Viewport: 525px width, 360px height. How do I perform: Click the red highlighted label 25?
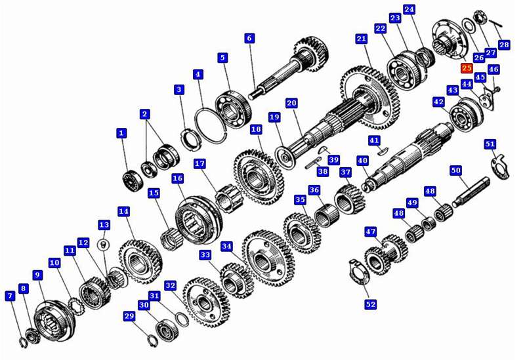pyautogui.click(x=467, y=68)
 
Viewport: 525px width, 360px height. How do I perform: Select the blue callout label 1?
pyautogui.click(x=121, y=133)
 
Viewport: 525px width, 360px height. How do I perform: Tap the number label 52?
pyautogui.click(x=370, y=304)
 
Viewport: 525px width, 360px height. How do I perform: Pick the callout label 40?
pyautogui.click(x=362, y=160)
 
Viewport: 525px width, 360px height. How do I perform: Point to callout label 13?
pyautogui.click(x=104, y=225)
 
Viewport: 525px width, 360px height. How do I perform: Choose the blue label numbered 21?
pyautogui.click(x=362, y=39)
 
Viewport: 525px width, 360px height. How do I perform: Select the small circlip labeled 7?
pyautogui.click(x=23, y=343)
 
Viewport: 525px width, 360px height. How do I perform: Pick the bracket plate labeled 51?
pyautogui.click(x=500, y=167)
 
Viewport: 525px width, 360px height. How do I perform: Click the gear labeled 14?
pyautogui.click(x=140, y=262)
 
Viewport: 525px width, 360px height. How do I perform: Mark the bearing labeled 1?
pyautogui.click(x=133, y=181)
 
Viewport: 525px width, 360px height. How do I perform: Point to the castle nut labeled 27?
pyautogui.click(x=480, y=18)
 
